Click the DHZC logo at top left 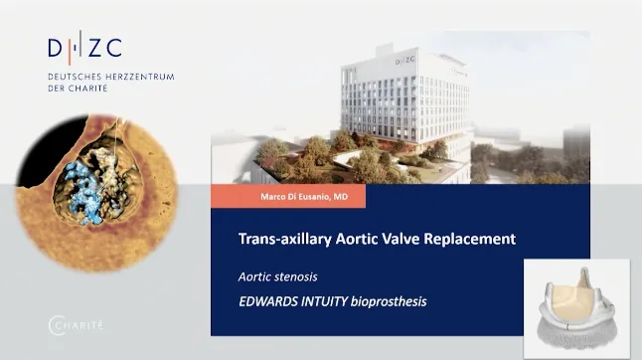coord(84,48)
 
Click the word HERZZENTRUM coord(140,77)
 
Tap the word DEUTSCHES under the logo coord(75,77)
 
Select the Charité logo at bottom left coord(76,325)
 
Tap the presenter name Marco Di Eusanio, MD coord(304,197)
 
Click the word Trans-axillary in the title coord(284,239)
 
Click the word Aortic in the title coord(356,239)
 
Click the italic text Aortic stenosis coord(278,276)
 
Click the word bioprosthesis coord(389,302)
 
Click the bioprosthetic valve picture coord(576,308)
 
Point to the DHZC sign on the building coord(405,61)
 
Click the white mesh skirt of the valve coord(577,334)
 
